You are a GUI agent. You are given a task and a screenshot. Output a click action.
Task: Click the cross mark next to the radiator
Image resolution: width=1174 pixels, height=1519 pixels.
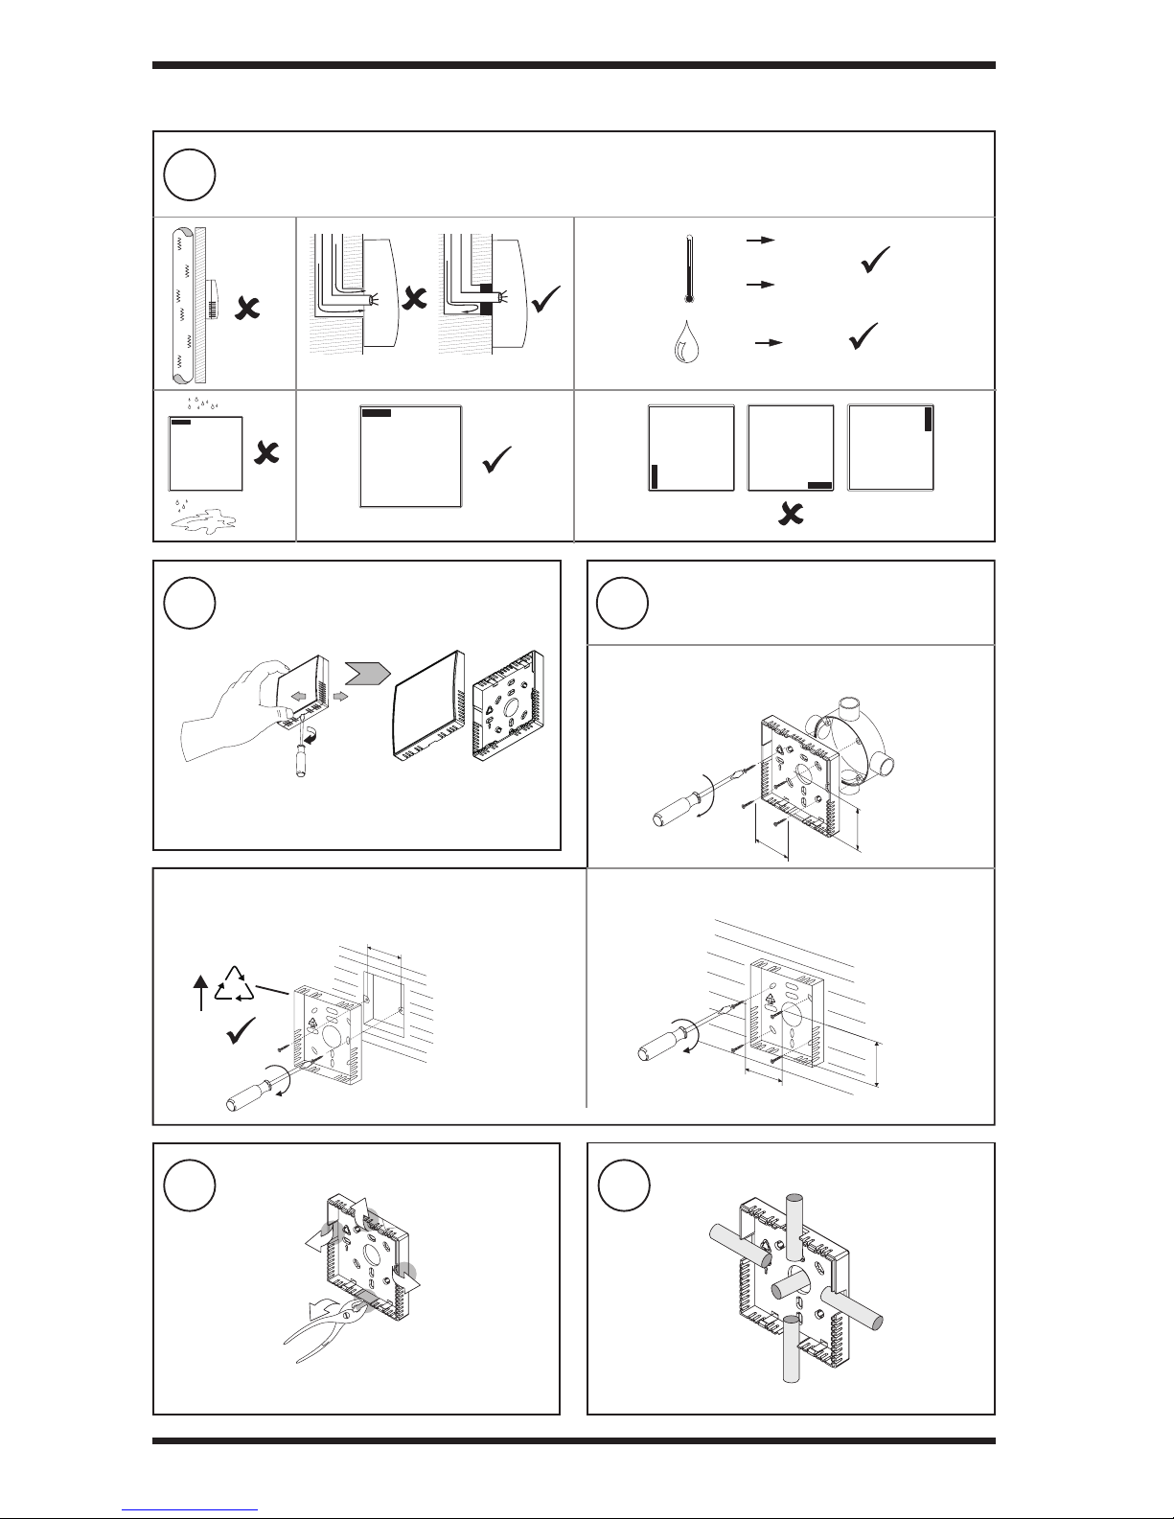pos(246,307)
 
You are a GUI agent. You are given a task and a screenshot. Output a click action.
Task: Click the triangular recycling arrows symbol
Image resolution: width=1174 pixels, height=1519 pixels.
pos(234,984)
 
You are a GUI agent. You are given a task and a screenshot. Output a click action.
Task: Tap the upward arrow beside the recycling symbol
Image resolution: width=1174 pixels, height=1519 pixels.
pos(200,993)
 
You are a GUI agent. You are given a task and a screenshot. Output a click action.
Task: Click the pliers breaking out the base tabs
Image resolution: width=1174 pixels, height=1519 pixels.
pos(321,1327)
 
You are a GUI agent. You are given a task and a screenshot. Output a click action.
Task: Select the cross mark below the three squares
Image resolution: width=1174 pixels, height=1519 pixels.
pos(790,516)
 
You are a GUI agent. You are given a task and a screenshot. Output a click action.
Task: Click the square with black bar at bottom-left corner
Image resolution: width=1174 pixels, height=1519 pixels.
pos(691,448)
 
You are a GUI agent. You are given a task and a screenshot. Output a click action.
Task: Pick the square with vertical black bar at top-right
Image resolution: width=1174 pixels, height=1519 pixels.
pos(891,448)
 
